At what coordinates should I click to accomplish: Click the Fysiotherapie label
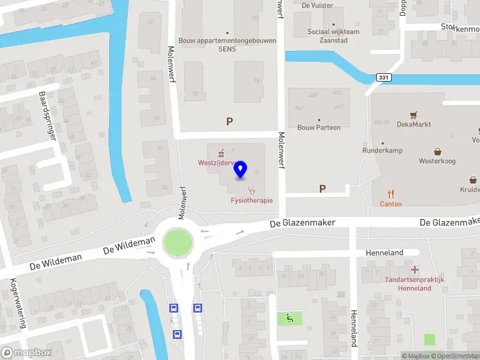[x=252, y=200]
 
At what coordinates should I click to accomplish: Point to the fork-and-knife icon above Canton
[x=391, y=193]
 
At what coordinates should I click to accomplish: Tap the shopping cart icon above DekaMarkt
[x=413, y=114]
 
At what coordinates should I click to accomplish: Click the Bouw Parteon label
[x=319, y=127]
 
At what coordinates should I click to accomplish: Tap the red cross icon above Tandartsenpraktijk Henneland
[x=415, y=270]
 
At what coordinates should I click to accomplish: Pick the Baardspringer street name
[x=47, y=115]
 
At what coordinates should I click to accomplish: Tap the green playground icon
[x=289, y=318]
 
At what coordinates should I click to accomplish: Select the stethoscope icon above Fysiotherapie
[x=251, y=190]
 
